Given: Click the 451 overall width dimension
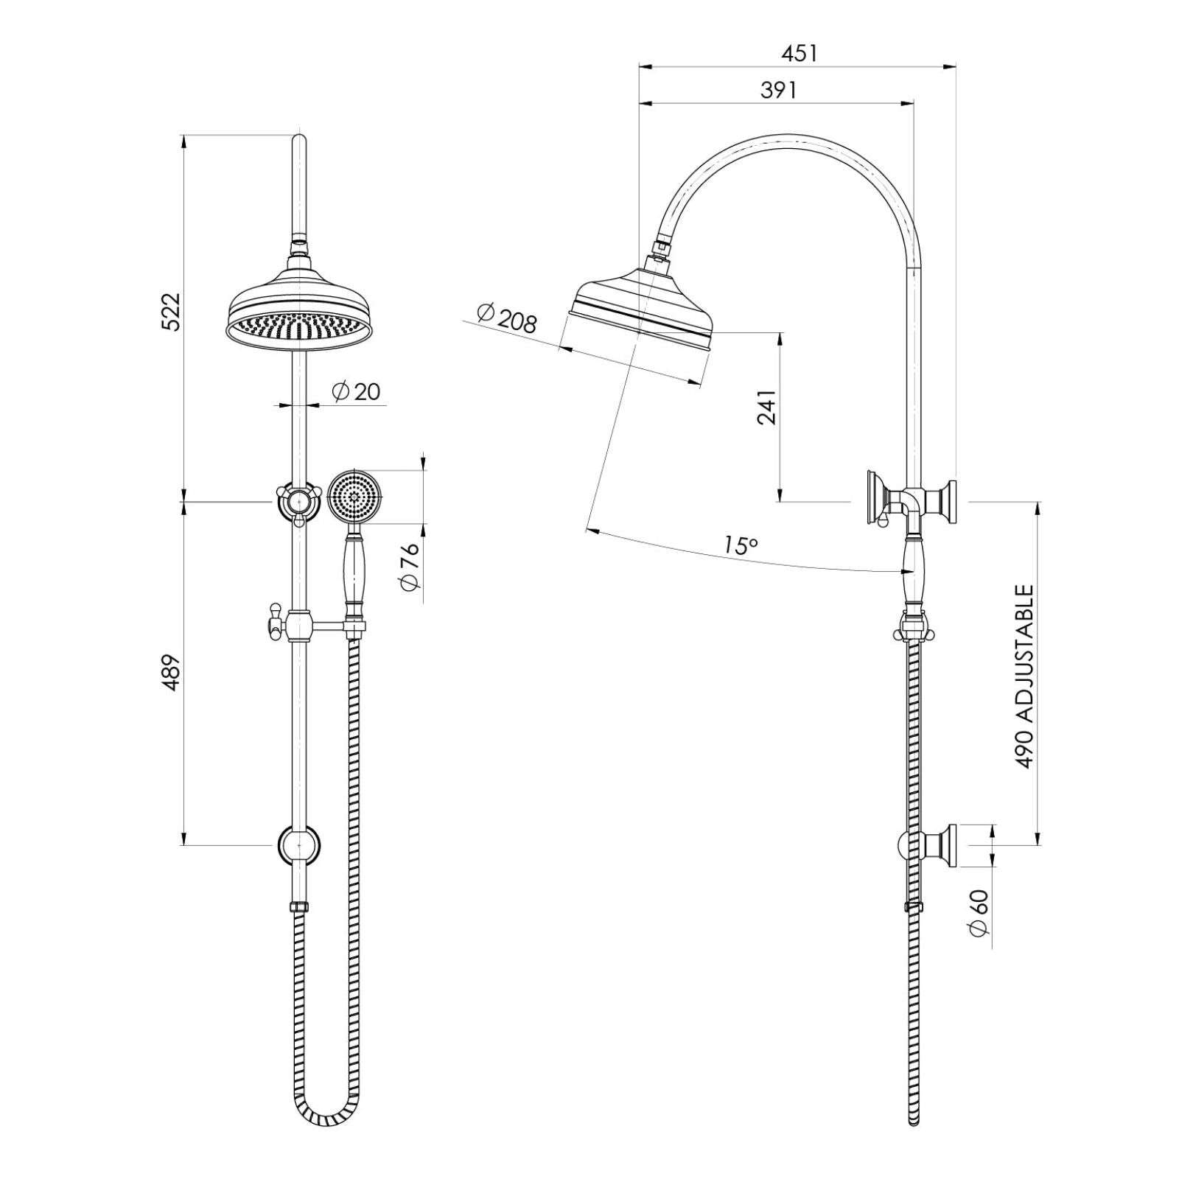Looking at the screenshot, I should [799, 54].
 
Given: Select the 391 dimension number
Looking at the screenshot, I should [778, 90].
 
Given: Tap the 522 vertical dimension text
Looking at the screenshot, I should [170, 312].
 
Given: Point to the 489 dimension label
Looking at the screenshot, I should [170, 672].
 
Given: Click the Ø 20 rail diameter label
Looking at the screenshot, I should [357, 391].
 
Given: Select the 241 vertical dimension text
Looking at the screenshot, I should [767, 407].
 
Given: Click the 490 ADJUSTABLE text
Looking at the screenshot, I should [1025, 676].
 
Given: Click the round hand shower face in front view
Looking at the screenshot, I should [355, 497].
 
